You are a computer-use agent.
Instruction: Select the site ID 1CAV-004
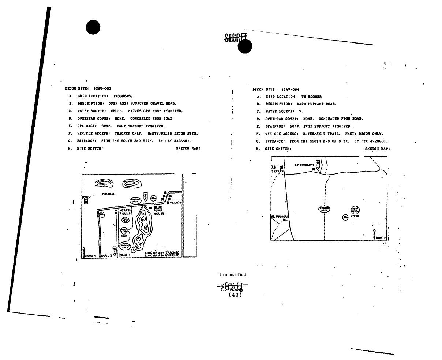coord(291,89)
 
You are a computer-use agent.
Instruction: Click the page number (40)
coord(235,295)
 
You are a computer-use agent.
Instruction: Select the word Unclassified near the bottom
coord(233,274)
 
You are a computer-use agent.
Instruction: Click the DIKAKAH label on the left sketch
coord(109,194)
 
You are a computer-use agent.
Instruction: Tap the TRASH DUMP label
coord(126,212)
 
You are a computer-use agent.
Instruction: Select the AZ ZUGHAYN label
coord(304,165)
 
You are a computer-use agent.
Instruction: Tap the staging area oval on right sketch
coord(324,209)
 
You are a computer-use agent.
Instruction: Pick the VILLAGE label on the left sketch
coord(176,202)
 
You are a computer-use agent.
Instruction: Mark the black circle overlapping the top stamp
coord(245,46)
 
